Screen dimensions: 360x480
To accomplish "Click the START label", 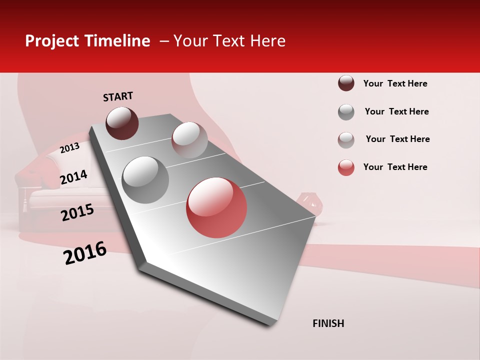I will click(118, 96).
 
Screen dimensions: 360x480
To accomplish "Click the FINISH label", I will click(328, 323).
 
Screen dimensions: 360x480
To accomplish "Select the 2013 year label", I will click(69, 148).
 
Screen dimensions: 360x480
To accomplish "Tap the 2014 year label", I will click(73, 177).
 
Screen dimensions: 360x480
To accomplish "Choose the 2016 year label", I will click(85, 253).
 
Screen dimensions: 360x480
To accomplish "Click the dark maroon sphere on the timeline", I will click(122, 123).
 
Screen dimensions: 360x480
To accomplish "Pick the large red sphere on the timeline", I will click(216, 207).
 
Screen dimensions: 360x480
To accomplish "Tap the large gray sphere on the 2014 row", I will click(145, 179).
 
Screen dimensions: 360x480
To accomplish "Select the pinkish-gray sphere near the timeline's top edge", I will click(189, 139).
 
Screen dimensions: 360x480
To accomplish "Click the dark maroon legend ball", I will click(346, 83).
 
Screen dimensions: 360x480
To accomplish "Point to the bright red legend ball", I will click(346, 167).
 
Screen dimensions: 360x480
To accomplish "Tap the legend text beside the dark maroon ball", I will click(395, 83).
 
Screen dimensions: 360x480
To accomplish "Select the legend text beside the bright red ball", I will click(395, 167).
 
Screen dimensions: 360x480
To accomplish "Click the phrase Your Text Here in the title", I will click(229, 41).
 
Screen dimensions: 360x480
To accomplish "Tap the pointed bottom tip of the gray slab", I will click(270, 323).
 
